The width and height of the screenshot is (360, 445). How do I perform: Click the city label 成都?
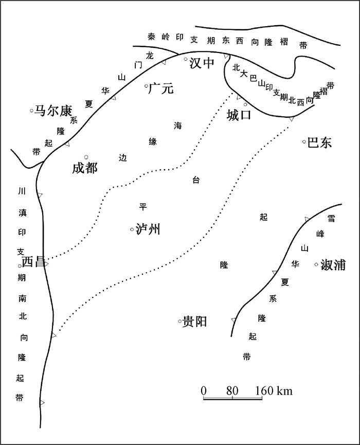click(85, 168)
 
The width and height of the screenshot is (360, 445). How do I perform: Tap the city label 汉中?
click(202, 63)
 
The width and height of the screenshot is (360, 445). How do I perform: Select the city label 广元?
click(161, 88)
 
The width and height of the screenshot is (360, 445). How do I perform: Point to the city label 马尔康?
click(53, 111)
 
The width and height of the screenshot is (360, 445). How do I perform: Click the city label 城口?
click(239, 115)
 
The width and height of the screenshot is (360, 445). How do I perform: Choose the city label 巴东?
click(319, 143)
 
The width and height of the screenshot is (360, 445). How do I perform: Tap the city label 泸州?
click(148, 229)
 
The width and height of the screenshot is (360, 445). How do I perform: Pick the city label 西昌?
click(33, 262)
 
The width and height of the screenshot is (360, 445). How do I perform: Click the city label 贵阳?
click(194, 322)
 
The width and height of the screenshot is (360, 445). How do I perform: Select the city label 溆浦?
click(333, 265)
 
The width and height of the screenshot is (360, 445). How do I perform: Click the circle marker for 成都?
click(86, 157)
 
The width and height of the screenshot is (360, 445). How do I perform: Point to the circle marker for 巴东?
click(304, 141)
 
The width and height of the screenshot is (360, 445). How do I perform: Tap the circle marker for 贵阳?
click(179, 321)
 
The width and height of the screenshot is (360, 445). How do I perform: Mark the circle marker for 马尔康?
click(32, 111)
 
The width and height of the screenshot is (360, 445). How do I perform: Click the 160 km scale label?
click(274, 391)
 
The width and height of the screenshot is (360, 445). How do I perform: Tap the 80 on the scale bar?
click(232, 391)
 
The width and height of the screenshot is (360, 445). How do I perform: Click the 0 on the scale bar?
click(204, 391)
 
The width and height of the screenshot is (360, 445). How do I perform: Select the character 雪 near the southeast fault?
click(331, 218)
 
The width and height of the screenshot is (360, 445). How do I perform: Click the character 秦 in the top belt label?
click(152, 37)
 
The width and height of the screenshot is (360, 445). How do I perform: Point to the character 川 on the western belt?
click(22, 191)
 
